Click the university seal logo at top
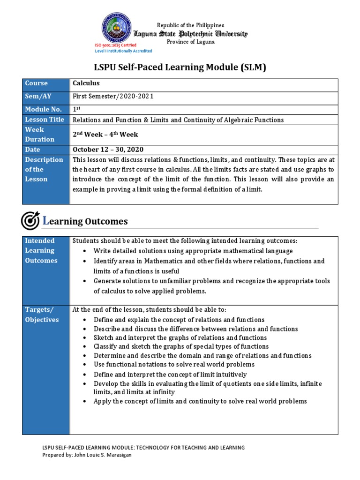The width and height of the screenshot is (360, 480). point(118,29)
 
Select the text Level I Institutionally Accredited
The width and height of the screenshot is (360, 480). point(123,51)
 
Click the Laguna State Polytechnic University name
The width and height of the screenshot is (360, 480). point(191,34)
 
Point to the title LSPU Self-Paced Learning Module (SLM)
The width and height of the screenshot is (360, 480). point(180,67)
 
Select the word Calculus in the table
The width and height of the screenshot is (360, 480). point(86,83)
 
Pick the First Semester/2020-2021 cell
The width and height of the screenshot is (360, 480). point(113,97)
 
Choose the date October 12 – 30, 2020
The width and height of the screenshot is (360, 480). point(108,150)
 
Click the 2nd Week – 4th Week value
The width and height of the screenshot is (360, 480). point(105,135)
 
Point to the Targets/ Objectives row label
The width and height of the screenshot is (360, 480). point(42,315)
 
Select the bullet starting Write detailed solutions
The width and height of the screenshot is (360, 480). point(193,251)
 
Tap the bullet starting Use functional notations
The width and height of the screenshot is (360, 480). point(174,364)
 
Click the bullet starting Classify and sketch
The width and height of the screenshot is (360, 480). point(181,346)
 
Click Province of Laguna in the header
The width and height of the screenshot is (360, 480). point(191,42)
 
